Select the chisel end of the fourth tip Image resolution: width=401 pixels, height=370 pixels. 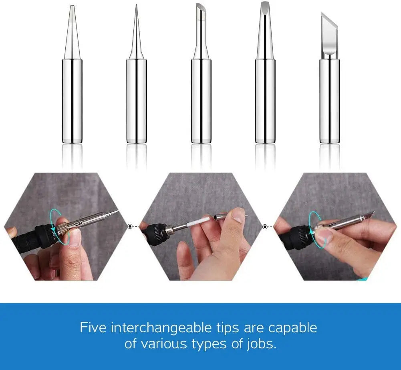coord(265,6)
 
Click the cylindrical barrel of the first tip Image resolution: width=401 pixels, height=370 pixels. coord(72,100)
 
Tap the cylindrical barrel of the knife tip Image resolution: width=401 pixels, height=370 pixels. coord(329,100)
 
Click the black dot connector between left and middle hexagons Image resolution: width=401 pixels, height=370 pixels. coord(130,226)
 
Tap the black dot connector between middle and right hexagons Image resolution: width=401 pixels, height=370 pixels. coord(265,227)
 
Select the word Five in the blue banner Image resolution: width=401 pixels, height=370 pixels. coord(94,327)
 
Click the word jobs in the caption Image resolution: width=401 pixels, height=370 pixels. coord(261,344)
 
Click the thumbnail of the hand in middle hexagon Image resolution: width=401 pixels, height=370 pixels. coord(238,216)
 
